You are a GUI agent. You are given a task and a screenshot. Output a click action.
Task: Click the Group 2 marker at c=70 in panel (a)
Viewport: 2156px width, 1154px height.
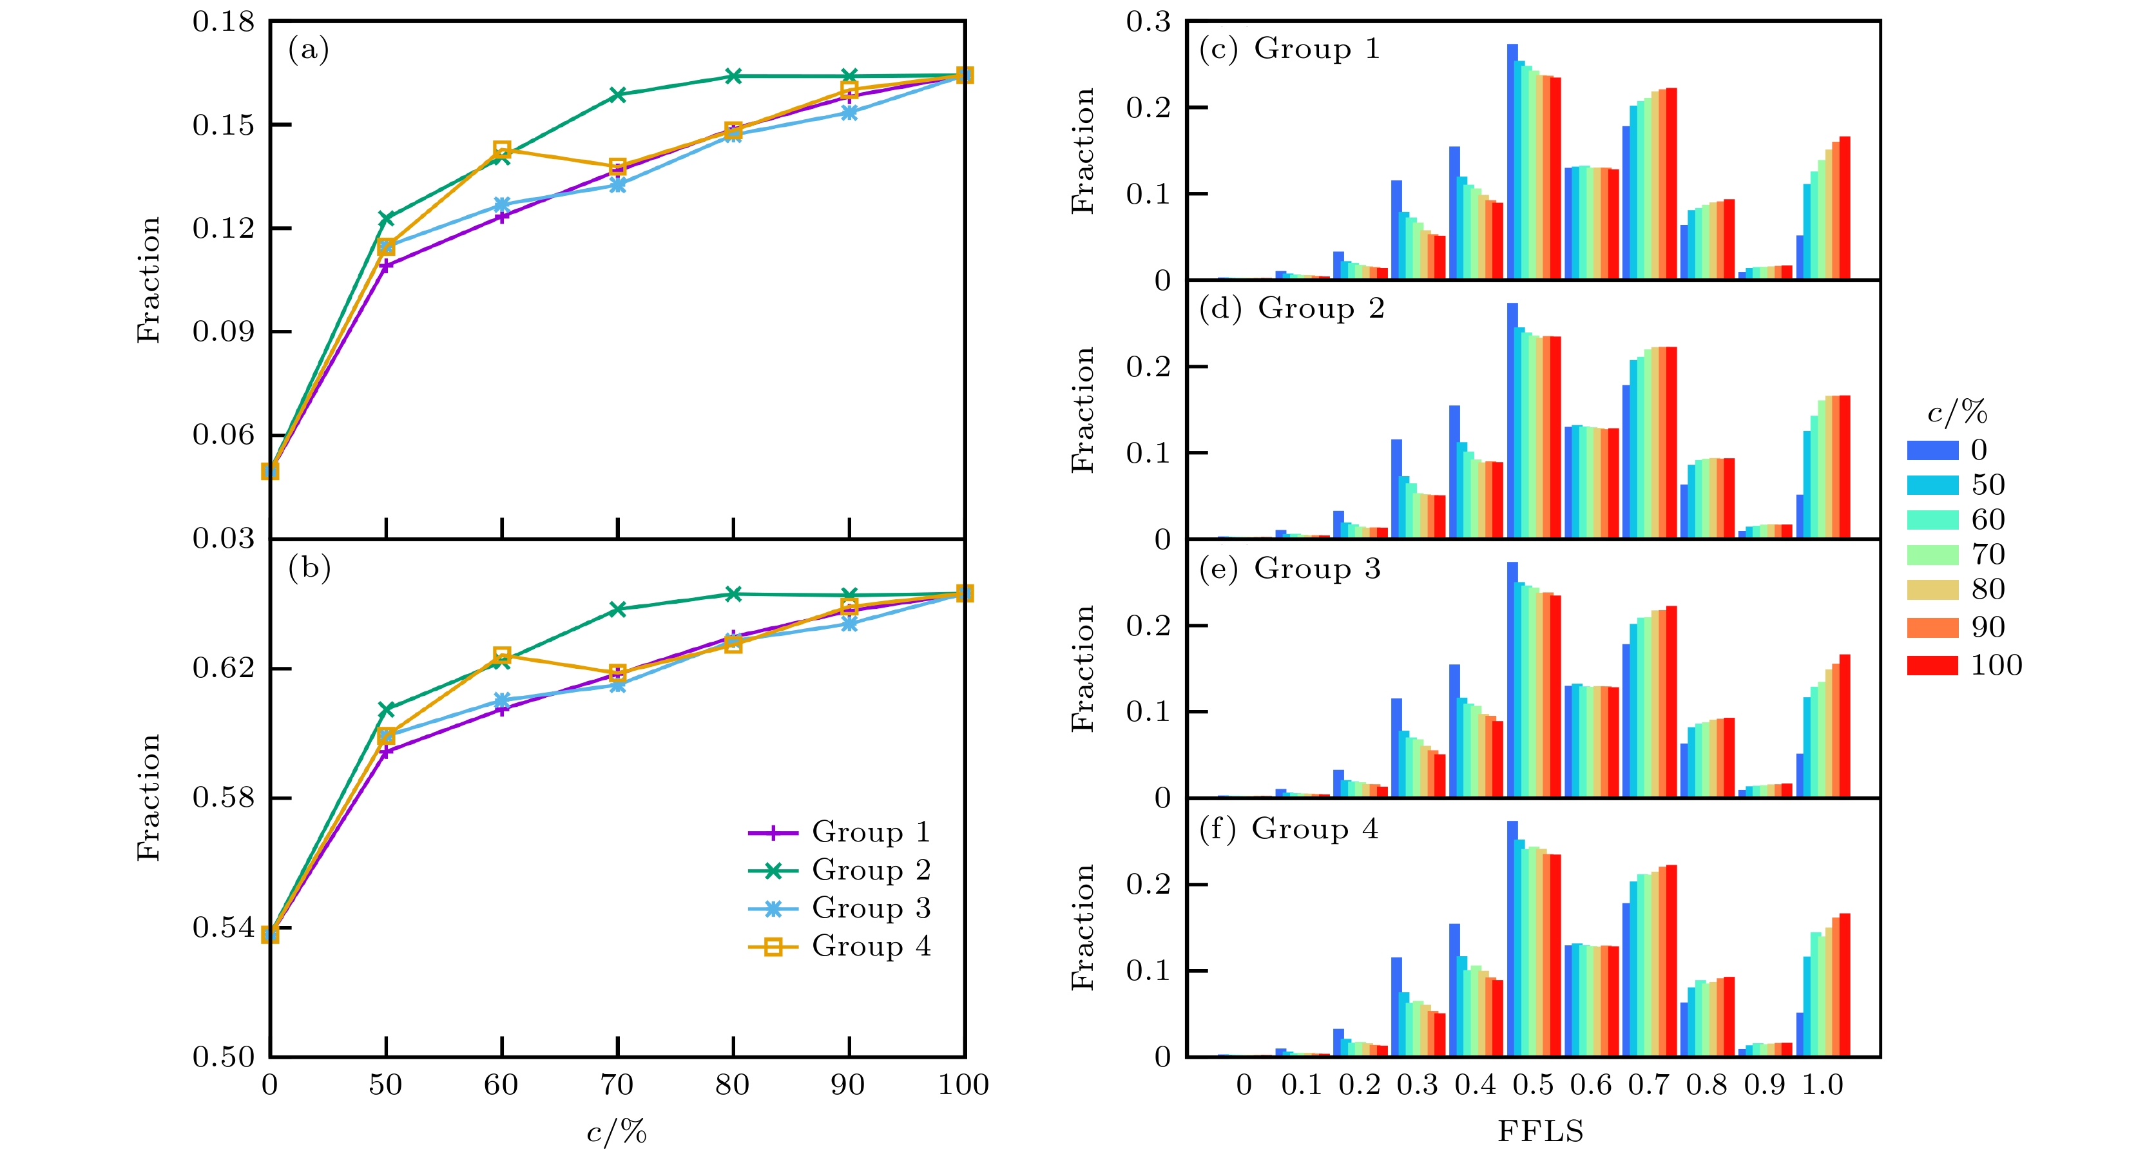pyautogui.click(x=618, y=95)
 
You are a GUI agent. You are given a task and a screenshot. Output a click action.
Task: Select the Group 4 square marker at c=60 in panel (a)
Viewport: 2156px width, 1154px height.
pyautogui.click(x=502, y=149)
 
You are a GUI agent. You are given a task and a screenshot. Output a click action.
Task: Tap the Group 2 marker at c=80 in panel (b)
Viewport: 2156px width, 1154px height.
pyautogui.click(x=733, y=594)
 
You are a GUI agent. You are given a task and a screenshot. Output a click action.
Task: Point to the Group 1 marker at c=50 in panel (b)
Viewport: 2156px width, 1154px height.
pyautogui.click(x=386, y=751)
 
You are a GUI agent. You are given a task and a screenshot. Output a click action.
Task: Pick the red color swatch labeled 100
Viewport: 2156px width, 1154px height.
pyautogui.click(x=1932, y=666)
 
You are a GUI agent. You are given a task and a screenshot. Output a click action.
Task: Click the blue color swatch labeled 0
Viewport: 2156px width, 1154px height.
pyautogui.click(x=1932, y=450)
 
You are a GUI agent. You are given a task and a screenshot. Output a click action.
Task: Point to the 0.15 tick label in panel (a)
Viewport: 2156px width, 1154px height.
pyautogui.click(x=224, y=126)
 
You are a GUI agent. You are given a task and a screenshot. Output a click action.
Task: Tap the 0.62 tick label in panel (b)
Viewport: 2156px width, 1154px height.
pyautogui.click(x=224, y=668)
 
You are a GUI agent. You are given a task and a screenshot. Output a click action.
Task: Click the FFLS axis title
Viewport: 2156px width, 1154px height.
pyautogui.click(x=1540, y=1131)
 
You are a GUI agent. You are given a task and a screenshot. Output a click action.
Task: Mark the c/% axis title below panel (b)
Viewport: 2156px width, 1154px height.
pyautogui.click(x=617, y=1132)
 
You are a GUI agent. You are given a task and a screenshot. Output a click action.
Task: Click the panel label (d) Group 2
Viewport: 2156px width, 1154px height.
pyautogui.click(x=1291, y=309)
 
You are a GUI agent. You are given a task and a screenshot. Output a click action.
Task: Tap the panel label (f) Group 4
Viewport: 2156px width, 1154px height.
pyautogui.click(x=1288, y=829)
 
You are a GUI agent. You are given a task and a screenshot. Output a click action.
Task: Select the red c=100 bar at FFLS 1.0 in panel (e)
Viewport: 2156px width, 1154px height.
pyautogui.click(x=1845, y=726)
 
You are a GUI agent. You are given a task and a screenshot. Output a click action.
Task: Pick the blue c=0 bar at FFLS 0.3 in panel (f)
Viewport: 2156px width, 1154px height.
pyautogui.click(x=1397, y=1006)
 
